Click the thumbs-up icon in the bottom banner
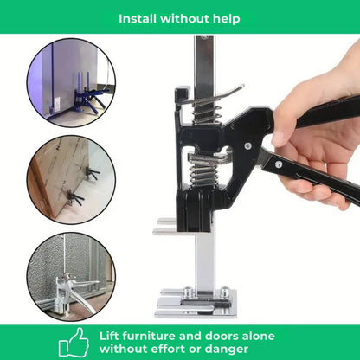(x=75, y=341)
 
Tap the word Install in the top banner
(x=139, y=17)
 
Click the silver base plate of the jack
(x=196, y=303)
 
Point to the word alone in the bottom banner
(x=257, y=336)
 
